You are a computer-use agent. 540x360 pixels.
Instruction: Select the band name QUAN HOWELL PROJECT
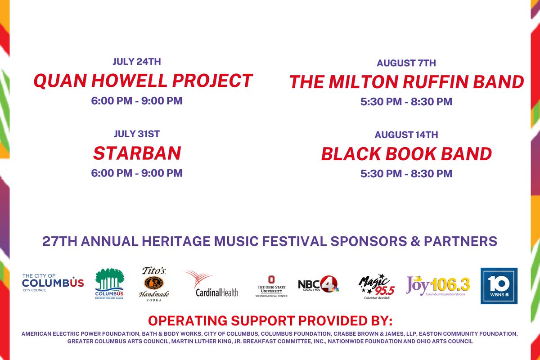pyautogui.click(x=143, y=81)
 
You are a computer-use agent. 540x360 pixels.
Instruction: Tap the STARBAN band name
pyautogui.click(x=137, y=153)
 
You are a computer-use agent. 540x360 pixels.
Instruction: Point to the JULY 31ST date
pyautogui.click(x=137, y=134)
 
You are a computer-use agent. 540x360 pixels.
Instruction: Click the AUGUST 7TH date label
pyautogui.click(x=406, y=63)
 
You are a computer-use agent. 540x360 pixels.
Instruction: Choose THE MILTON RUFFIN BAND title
pyautogui.click(x=406, y=82)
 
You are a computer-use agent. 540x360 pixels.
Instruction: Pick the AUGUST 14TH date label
pyautogui.click(x=406, y=135)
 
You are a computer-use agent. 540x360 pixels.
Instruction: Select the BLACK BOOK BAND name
pyautogui.click(x=406, y=154)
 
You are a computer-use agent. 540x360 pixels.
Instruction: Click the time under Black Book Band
pyautogui.click(x=406, y=173)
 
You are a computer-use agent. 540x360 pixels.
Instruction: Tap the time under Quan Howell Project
pyautogui.click(x=137, y=100)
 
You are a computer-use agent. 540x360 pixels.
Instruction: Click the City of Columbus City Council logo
pyautogui.click(x=53, y=282)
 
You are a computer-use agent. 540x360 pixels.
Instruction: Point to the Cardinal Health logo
pyautogui.click(x=211, y=284)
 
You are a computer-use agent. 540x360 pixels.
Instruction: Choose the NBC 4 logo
pyautogui.click(x=318, y=284)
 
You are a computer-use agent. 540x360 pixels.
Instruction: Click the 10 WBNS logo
pyautogui.click(x=499, y=286)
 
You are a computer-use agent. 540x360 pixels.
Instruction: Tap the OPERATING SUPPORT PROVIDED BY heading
pyautogui.click(x=270, y=321)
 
